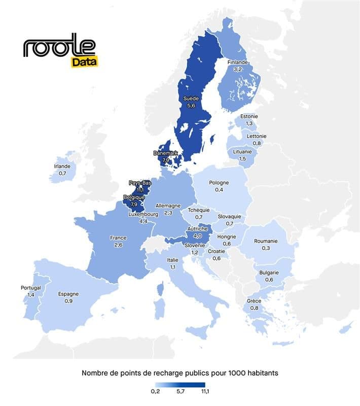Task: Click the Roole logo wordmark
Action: [59, 46]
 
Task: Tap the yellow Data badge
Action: [84, 62]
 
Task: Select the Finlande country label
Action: [237, 62]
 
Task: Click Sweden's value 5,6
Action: [191, 106]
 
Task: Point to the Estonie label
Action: [249, 116]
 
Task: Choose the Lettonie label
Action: [256, 136]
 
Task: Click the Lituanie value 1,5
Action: [242, 159]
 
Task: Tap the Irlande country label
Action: [62, 166]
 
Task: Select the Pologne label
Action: [219, 183]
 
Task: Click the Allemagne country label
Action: [168, 206]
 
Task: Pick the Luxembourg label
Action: [143, 214]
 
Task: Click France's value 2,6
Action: [118, 245]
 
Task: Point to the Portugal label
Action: [30, 288]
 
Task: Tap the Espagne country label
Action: [68, 294]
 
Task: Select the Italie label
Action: [172, 260]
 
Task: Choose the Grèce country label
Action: [254, 301]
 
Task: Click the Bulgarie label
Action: [269, 273]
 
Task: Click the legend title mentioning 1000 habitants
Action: [180, 373]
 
